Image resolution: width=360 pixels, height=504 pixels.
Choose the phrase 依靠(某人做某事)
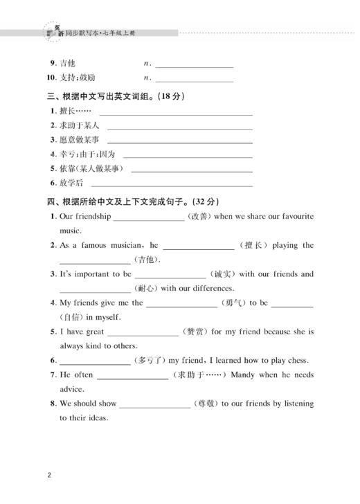[x=91, y=168]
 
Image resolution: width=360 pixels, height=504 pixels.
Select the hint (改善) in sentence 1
[x=199, y=217]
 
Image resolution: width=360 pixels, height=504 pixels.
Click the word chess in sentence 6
[x=298, y=361]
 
